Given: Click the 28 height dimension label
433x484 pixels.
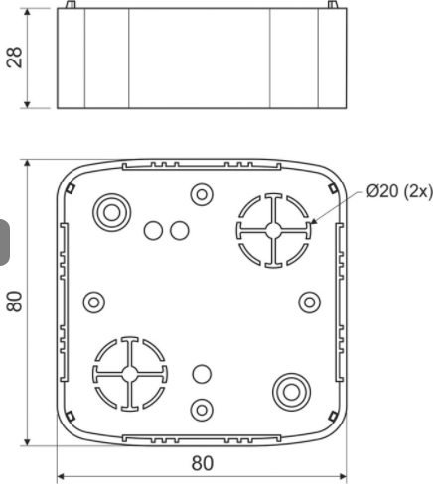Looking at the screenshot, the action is pyautogui.click(x=15, y=58).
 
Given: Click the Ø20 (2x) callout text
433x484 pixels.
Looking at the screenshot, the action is pyautogui.click(x=399, y=191).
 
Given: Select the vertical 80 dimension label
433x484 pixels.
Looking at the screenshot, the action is pyautogui.click(x=15, y=302).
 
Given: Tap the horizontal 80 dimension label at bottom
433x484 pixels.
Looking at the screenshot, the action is pyautogui.click(x=203, y=463).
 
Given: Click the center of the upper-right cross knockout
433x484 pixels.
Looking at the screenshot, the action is pyautogui.click(x=273, y=231).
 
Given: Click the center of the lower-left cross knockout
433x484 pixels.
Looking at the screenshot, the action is pyautogui.click(x=130, y=374).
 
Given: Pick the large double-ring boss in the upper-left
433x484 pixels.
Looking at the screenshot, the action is pyautogui.click(x=112, y=212).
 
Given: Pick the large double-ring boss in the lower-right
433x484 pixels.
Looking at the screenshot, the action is pyautogui.click(x=291, y=392).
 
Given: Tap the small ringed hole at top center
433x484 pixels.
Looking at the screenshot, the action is pyautogui.click(x=202, y=194).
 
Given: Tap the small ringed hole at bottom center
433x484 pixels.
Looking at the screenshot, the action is pyautogui.click(x=202, y=410).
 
